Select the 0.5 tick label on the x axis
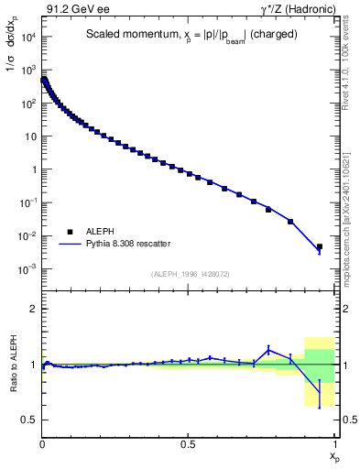[x=189, y=442]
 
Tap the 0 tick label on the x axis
[x=43, y=442]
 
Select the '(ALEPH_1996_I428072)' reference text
[x=190, y=273]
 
